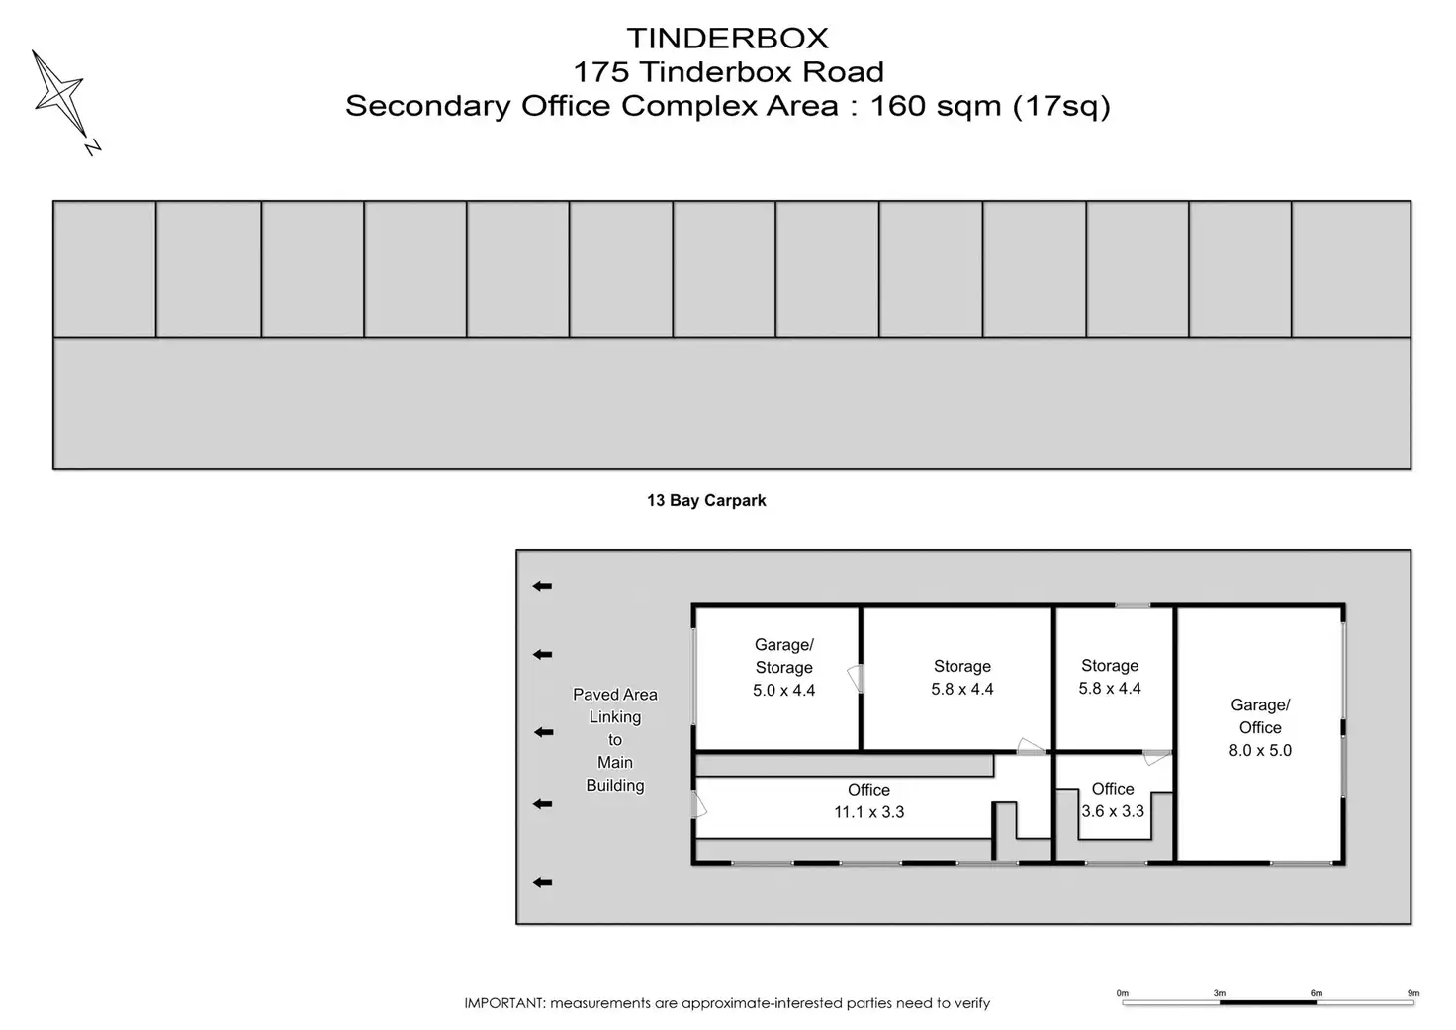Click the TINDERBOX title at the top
[727, 39]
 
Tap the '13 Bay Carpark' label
[706, 501]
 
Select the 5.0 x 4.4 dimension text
[783, 691]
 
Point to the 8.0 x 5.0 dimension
[1260, 751]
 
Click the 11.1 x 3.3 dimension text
[868, 812]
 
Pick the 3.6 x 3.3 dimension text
[1113, 811]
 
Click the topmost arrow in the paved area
[542, 587]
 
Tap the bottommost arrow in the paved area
[542, 883]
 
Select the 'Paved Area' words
[614, 695]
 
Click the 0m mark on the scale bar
[1122, 993]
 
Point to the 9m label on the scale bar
[1413, 993]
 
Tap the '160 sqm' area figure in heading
[935, 106]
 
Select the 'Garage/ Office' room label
[1260, 716]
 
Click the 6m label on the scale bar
[1316, 993]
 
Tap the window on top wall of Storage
[1133, 605]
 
